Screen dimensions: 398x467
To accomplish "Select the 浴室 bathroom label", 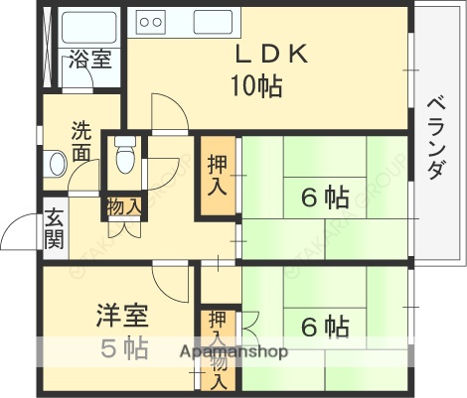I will tap(89, 61).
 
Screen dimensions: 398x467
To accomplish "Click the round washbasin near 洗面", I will tap(57, 161).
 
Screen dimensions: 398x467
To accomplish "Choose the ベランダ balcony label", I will tap(435, 139).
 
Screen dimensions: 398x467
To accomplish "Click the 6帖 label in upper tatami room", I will tap(324, 198).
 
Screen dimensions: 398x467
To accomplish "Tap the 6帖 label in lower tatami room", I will tap(324, 325).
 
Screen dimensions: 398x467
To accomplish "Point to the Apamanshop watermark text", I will tap(233, 351).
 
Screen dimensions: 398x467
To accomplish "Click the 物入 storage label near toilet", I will tap(124, 207).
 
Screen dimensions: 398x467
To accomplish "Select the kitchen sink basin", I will tap(217, 22).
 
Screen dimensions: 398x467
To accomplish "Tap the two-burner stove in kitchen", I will tap(151, 21).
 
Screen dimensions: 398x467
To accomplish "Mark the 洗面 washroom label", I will tap(81, 141).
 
